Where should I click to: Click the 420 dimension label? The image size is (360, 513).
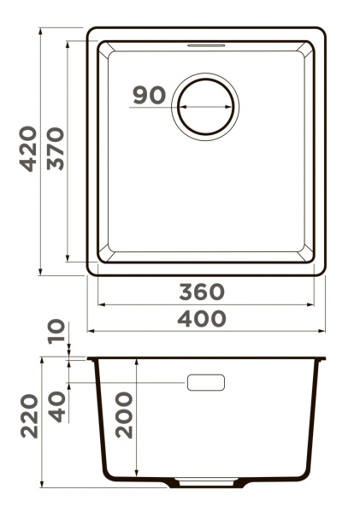click(28, 149)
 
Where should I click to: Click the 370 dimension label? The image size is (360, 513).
click(56, 149)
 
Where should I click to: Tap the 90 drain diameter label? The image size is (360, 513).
click(150, 95)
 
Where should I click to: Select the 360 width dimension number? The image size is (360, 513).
click(202, 292)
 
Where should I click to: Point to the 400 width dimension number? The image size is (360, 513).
click(202, 319)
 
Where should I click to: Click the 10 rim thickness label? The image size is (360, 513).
click(56, 331)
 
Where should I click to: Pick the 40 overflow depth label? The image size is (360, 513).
click(56, 407)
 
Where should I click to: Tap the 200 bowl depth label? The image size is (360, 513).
click(124, 416)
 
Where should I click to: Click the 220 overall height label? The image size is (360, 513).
click(29, 416)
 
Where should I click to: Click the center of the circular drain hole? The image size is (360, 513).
click(205, 107)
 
